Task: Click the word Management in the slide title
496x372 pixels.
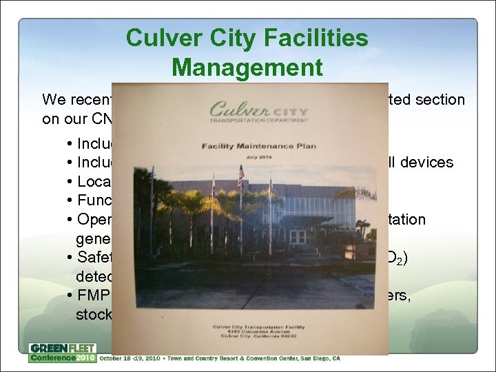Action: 247,68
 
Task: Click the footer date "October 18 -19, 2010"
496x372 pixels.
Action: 133,358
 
